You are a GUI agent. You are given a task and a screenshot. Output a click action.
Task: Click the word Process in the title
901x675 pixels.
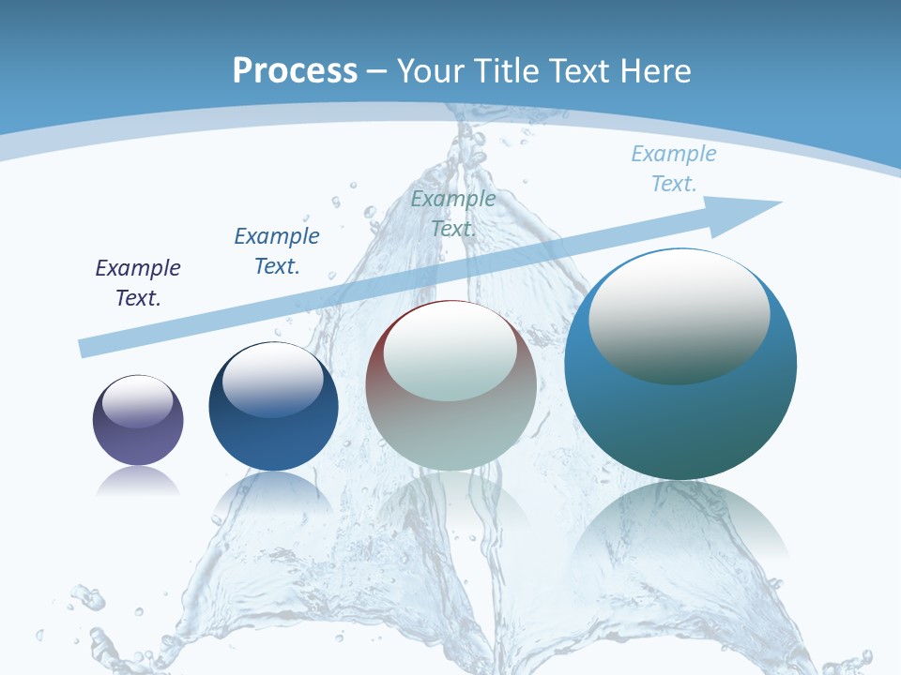coord(295,70)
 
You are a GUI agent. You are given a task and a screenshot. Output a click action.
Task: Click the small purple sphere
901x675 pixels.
coord(138,420)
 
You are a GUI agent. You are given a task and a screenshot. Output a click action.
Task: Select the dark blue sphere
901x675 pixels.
coord(273,407)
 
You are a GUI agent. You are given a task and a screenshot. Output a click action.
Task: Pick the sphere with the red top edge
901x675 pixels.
coord(451,385)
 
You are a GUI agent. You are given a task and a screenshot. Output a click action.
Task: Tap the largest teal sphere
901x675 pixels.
coord(680,365)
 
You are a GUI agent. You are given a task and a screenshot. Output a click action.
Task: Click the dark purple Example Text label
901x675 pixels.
coord(138,283)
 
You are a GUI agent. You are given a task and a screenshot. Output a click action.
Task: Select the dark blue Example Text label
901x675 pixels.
coord(277,250)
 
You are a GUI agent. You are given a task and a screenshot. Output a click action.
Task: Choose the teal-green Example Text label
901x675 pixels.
coord(453,213)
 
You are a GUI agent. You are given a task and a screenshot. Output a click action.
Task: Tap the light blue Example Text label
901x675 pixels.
coord(674,168)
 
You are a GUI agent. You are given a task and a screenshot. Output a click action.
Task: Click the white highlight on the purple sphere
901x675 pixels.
coord(138,402)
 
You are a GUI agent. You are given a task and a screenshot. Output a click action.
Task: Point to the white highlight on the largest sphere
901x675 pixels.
coord(679,316)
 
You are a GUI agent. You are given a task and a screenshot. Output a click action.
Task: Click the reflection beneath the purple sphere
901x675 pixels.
coord(138,482)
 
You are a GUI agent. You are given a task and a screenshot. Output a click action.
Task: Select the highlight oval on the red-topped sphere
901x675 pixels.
coord(450,352)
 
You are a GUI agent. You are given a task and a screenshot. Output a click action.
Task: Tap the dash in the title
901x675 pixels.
coord(377,70)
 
